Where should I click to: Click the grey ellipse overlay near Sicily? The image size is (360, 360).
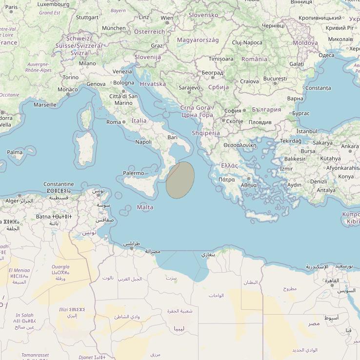(x=180, y=180)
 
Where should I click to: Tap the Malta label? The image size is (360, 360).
(x=145, y=207)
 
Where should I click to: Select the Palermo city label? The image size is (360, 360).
(x=133, y=173)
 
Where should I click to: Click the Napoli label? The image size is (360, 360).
(x=143, y=142)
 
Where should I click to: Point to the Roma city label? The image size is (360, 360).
(x=113, y=122)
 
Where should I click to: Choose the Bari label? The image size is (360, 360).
(x=172, y=138)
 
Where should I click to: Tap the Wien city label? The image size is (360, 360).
(x=167, y=18)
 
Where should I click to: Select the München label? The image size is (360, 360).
(x=113, y=28)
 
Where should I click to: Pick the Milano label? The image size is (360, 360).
(x=87, y=63)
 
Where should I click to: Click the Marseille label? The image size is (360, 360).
(x=45, y=105)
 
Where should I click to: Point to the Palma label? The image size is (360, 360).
(x=15, y=152)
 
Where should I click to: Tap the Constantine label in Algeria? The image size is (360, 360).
(x=59, y=184)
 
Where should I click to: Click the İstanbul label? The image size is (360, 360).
(x=306, y=132)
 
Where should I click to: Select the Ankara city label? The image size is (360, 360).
(x=350, y=146)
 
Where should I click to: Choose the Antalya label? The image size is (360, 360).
(x=326, y=190)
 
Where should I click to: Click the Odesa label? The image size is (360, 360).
(x=326, y=55)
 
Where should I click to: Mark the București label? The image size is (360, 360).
(x=275, y=79)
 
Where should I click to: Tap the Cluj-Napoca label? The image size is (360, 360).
(x=247, y=42)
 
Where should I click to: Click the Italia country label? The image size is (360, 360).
(x=139, y=120)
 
